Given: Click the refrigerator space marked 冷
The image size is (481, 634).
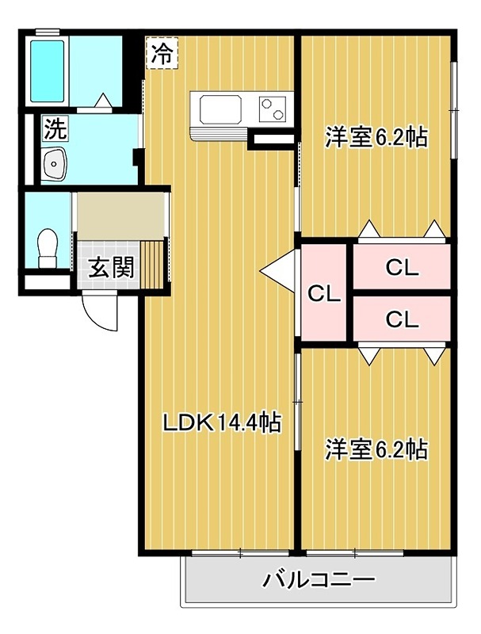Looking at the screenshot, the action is click(162, 53).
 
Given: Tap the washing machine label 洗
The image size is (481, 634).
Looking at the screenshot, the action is click(55, 128).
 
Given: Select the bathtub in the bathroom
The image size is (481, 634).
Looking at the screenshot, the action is click(48, 71).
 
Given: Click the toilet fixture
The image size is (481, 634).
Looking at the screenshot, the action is click(48, 248).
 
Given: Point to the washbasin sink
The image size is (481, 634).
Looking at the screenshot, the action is click(55, 163).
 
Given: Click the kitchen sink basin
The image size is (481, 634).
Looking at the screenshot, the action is click(221, 109).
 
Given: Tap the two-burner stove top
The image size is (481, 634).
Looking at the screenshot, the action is click(272, 109).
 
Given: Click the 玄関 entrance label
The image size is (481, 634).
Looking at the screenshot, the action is click(111, 267).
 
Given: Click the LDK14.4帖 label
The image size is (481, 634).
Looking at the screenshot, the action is click(222, 423).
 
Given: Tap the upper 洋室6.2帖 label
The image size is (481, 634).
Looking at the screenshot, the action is click(376, 137).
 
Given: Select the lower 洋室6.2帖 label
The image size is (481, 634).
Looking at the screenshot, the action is click(376, 449).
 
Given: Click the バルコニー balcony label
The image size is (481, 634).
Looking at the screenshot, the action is click(319, 580).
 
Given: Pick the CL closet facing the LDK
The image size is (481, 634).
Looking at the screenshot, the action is click(324, 293).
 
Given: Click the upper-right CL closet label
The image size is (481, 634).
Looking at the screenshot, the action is click(402, 268).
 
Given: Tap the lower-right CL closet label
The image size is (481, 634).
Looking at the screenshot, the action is click(402, 319).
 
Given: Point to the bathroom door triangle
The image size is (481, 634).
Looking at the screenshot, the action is click(103, 101).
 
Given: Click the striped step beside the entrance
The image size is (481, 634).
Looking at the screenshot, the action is click(152, 265).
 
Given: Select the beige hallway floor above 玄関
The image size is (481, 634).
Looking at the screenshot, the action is click(121, 216).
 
